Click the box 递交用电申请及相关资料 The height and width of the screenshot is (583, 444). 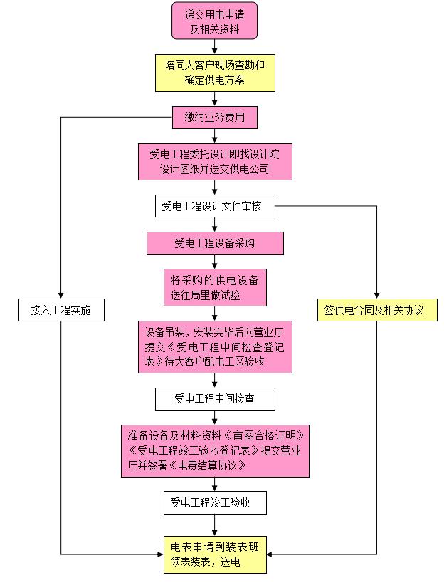click(x=214, y=21)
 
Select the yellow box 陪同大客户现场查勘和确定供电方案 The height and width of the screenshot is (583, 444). click(x=214, y=72)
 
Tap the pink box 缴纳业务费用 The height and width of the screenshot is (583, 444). click(x=214, y=118)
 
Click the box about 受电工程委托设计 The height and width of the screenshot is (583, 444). click(x=214, y=162)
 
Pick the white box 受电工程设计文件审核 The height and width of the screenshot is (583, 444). click(x=214, y=207)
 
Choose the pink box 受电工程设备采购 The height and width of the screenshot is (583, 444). click(x=214, y=243)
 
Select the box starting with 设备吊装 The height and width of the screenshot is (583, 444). click(x=214, y=346)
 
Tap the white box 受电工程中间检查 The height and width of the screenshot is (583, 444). click(x=214, y=399)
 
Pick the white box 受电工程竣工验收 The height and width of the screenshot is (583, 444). click(x=214, y=502)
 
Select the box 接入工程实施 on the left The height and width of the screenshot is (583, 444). click(x=61, y=310)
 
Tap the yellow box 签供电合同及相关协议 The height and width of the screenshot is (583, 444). click(x=376, y=310)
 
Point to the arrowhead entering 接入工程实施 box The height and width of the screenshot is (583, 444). click(x=61, y=296)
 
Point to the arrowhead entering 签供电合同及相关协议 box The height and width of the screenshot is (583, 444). click(x=376, y=296)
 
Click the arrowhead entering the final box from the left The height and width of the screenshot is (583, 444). click(x=157, y=554)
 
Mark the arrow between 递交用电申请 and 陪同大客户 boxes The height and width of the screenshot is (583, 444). click(x=214, y=47)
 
